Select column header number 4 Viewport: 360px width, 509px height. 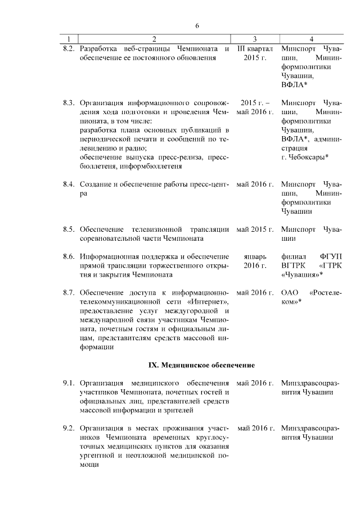311,39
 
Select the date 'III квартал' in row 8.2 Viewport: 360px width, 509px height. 255,48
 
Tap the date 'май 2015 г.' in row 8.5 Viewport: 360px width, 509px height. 255,229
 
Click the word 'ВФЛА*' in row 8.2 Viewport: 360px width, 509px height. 294,84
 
